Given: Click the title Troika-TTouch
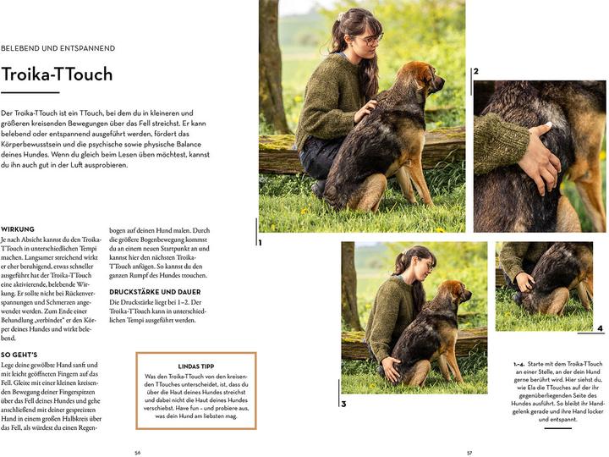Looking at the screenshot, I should pyautogui.click(x=57, y=74).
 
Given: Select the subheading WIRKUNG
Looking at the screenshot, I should pyautogui.click(x=18, y=229).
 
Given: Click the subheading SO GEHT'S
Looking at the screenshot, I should pyautogui.click(x=20, y=354).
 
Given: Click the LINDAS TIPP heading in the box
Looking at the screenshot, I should pyautogui.click(x=184, y=367).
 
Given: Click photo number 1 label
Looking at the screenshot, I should pyautogui.click(x=261, y=242).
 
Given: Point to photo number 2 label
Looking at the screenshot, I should pyautogui.click(x=476, y=72).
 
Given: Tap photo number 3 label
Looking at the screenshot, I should pyautogui.click(x=343, y=404).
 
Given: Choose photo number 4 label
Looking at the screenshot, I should pyautogui.click(x=600, y=328).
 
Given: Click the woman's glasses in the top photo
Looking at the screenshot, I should pyautogui.click(x=372, y=38).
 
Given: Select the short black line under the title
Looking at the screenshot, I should pyautogui.click(x=30, y=92).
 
